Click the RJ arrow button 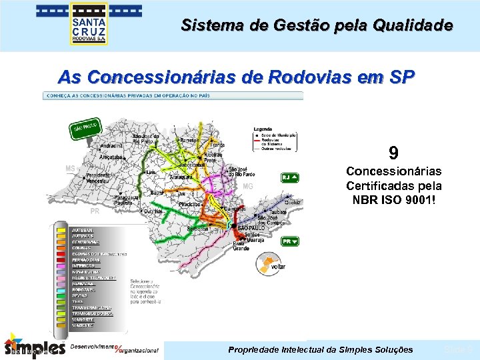289,177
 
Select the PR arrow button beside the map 290,241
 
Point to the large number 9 393,153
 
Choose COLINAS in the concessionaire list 81,248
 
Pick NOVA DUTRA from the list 86,271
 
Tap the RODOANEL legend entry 84,289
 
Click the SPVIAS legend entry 80,295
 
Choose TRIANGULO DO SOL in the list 92,313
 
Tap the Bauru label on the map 157,193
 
